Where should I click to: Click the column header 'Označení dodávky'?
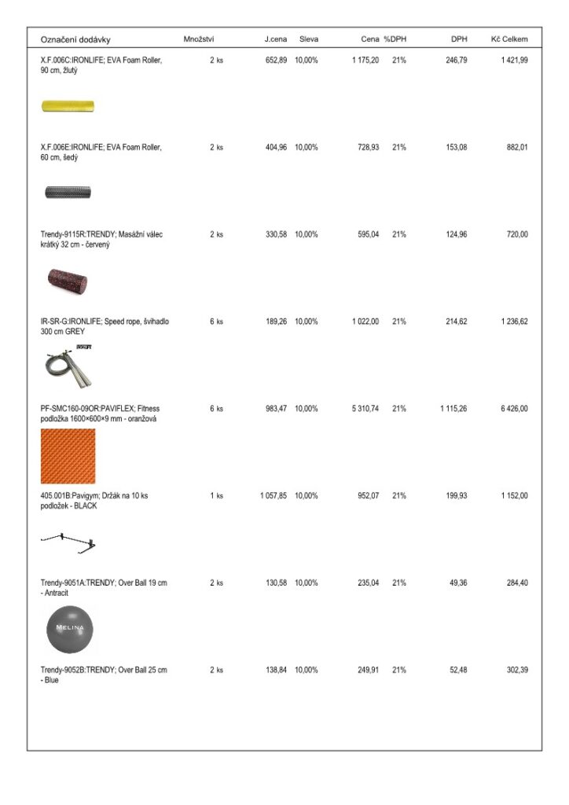(75, 39)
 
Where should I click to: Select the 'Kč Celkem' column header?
(509, 39)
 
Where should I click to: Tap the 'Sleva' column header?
(308, 39)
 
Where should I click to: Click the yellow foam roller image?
(68, 106)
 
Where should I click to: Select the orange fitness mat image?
(68, 456)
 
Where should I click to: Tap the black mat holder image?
(69, 541)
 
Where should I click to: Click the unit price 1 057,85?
(273, 496)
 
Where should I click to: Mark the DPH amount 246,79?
(455, 60)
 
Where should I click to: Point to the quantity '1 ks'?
(216, 496)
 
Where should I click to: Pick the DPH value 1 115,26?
(453, 409)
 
